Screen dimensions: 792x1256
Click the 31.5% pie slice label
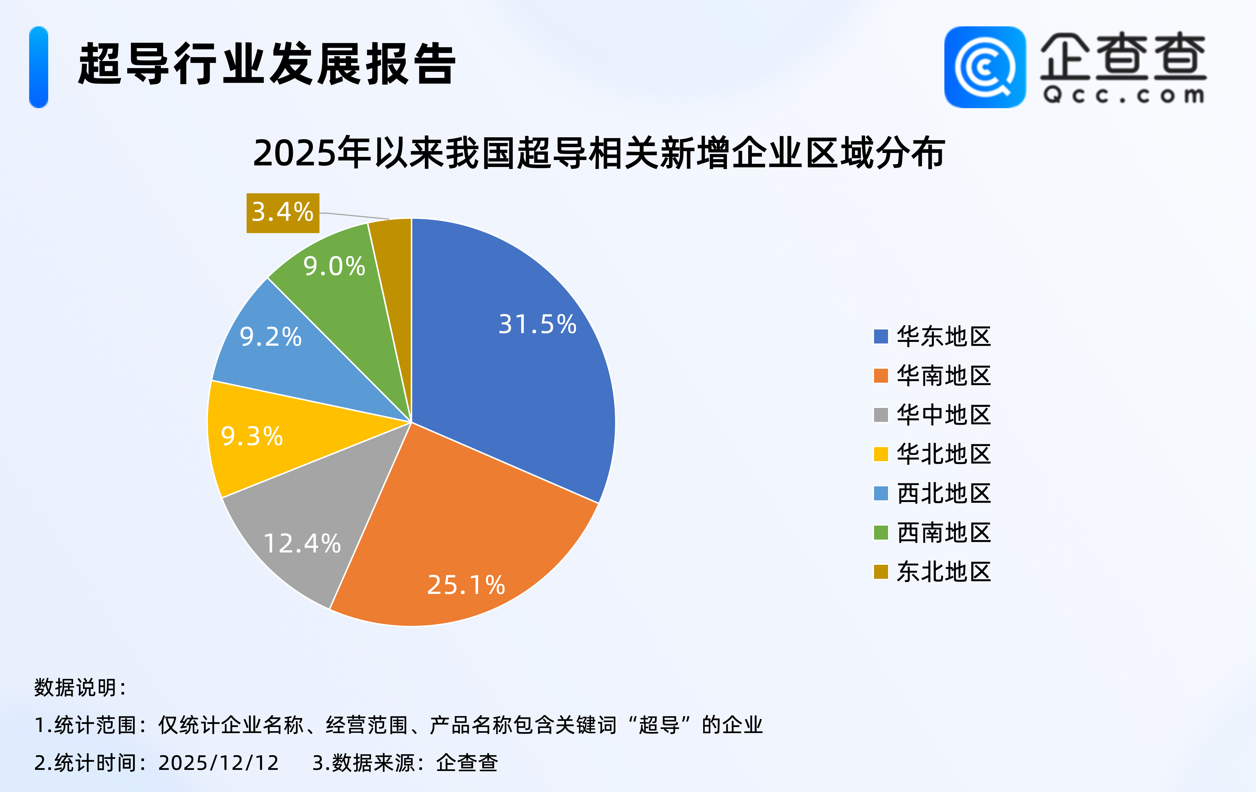pyautogui.click(x=537, y=324)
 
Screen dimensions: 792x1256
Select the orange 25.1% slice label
pyautogui.click(x=466, y=585)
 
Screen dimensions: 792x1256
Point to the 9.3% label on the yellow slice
pyautogui.click(x=252, y=436)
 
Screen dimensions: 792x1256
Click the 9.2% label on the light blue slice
pyautogui.click(x=271, y=337)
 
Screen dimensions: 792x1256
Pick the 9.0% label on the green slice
pyautogui.click(x=334, y=266)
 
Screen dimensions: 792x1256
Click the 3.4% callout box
pyautogui.click(x=283, y=213)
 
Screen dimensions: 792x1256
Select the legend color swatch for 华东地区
pyautogui.click(x=880, y=336)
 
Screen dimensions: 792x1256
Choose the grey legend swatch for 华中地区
pyautogui.click(x=880, y=415)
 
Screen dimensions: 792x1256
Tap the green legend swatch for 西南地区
pyautogui.click(x=880, y=532)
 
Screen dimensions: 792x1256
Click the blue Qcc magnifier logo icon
pyautogui.click(x=985, y=67)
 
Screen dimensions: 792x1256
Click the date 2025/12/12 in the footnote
pyautogui.click(x=219, y=763)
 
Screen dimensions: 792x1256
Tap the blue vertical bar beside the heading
pyautogui.click(x=39, y=67)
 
